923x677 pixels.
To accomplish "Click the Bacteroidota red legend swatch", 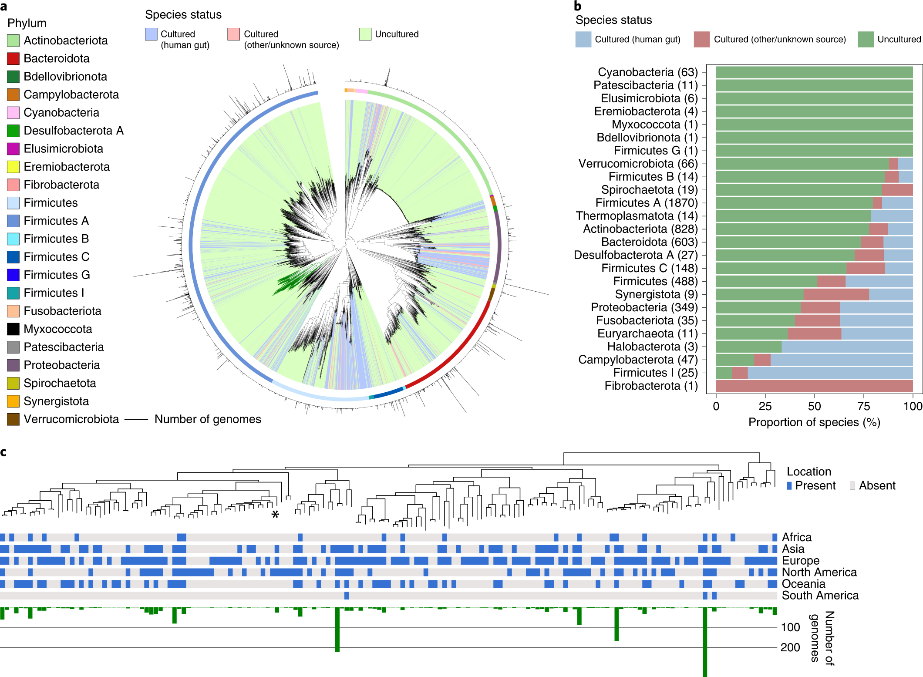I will [13, 58].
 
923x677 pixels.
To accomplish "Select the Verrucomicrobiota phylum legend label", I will [71, 419].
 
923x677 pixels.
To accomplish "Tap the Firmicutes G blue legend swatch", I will [13, 275].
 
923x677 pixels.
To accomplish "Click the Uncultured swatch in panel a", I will [365, 34].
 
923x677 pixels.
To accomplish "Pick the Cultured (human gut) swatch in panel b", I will [583, 39].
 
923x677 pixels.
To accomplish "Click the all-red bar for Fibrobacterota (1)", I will [814, 386].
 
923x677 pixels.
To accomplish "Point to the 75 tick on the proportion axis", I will [863, 406].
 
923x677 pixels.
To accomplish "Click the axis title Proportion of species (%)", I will [814, 422].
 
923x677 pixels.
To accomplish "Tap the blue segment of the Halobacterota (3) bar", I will [847, 347].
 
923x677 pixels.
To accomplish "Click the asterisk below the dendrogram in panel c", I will [275, 515].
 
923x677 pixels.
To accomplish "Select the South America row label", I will [820, 595].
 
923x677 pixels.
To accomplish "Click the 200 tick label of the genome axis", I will [790, 647].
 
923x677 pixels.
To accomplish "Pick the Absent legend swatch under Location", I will [852, 485].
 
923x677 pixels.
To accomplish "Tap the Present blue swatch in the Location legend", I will [789, 485].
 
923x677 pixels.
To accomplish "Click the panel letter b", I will [577, 6].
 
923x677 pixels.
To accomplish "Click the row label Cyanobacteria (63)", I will [647, 72].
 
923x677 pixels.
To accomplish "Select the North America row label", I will [819, 572].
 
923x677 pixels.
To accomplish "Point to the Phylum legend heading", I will [27, 23].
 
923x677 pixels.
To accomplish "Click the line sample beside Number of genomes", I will [136, 419].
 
